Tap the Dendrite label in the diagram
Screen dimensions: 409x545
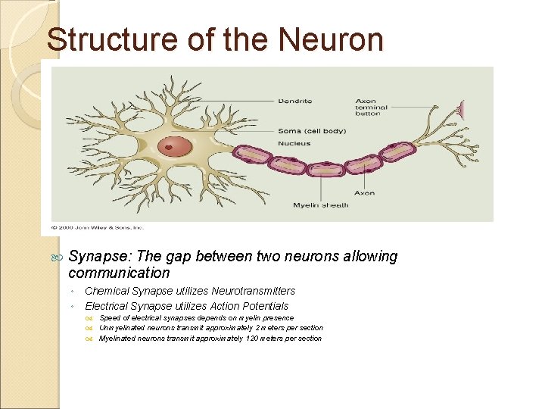pos(295,101)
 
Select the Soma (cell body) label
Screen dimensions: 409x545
pos(312,131)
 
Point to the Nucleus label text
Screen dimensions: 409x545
pos(294,143)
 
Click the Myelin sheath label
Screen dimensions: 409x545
pos(321,204)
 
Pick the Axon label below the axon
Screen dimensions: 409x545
pos(364,193)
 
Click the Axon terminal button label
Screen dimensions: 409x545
pos(371,108)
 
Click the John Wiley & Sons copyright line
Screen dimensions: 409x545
pos(97,226)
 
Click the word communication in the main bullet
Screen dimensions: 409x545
pos(119,273)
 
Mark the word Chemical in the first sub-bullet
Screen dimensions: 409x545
pos(107,291)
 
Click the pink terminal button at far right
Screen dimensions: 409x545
pos(461,111)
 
